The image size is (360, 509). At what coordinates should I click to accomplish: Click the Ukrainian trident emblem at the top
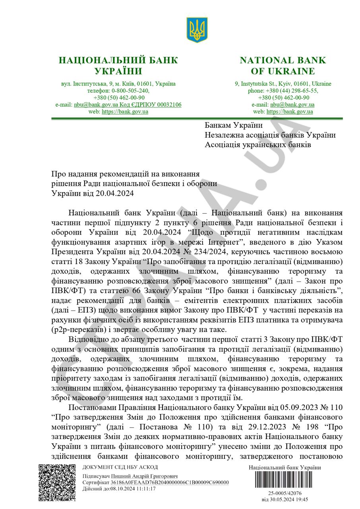click(197, 30)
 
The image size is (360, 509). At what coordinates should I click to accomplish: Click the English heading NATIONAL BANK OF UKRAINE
click(283, 66)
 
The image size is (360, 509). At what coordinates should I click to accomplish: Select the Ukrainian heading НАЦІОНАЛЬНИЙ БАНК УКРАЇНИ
click(118, 66)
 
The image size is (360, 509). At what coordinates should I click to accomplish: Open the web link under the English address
click(289, 112)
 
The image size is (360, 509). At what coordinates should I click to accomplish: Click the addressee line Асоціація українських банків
click(258, 145)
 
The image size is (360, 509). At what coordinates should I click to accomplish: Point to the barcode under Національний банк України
click(285, 482)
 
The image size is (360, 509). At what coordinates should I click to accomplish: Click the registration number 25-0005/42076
click(285, 493)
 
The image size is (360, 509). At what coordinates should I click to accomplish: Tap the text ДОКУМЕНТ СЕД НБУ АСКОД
click(120, 467)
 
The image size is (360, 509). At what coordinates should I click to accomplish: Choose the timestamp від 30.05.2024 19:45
click(285, 499)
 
